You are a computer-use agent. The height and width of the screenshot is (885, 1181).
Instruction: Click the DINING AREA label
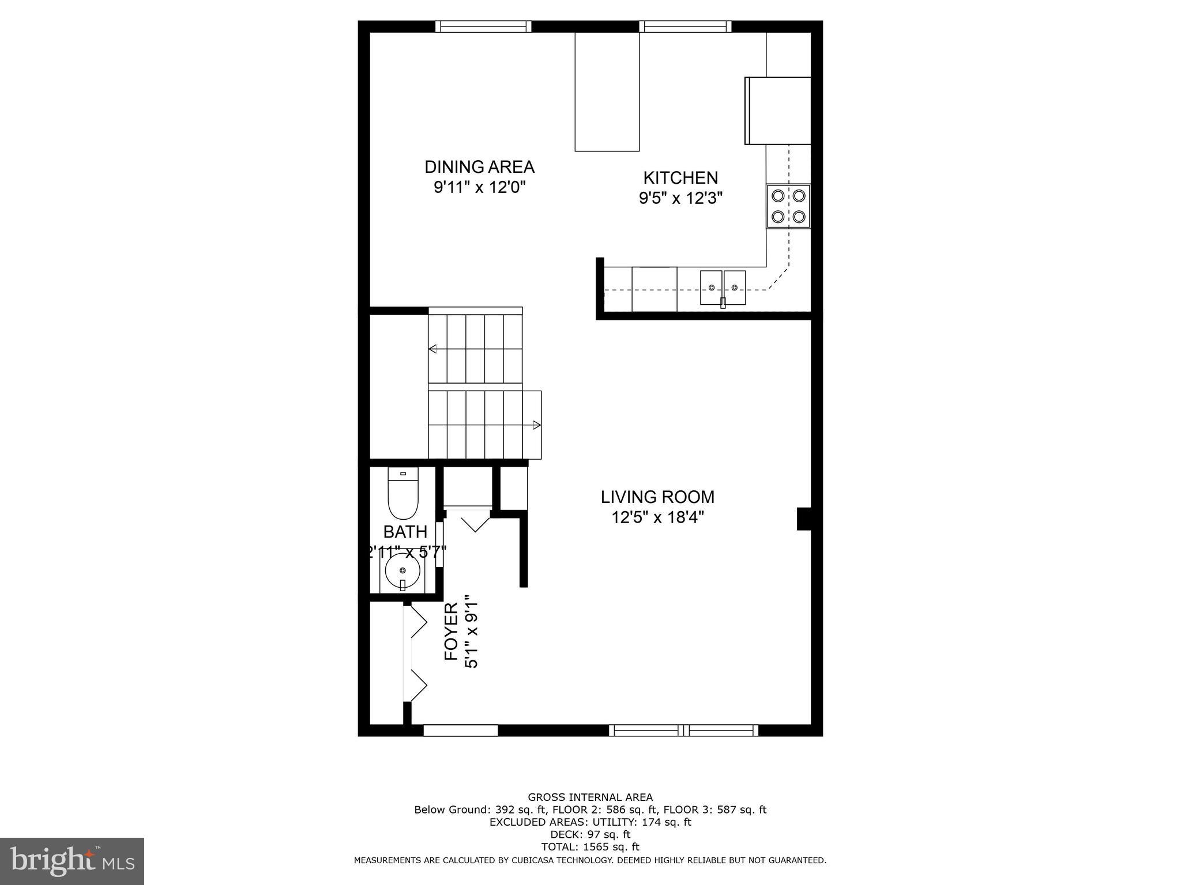coord(479,167)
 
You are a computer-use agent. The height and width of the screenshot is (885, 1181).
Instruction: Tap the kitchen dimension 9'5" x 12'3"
coord(680,198)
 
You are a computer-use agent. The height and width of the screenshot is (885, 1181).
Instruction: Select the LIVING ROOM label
coord(657,497)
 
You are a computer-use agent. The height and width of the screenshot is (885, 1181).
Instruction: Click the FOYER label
coord(451,631)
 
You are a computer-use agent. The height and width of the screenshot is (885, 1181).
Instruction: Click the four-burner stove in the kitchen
coord(788,206)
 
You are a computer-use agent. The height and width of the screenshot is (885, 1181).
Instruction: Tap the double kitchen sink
coord(723,288)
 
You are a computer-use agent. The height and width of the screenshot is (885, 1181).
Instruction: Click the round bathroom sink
coord(403,570)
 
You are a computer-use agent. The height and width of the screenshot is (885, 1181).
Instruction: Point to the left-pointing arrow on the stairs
coord(433,349)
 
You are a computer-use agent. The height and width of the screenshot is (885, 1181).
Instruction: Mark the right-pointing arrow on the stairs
coord(536,425)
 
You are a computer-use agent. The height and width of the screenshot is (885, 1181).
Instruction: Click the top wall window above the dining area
coord(483,27)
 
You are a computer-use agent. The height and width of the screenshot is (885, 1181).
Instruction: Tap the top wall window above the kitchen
coord(685,27)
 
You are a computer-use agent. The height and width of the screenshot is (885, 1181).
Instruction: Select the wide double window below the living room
coord(684,731)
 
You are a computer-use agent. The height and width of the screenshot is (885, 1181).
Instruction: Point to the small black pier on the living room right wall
coord(804,518)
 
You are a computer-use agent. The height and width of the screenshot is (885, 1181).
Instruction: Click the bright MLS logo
coord(72,861)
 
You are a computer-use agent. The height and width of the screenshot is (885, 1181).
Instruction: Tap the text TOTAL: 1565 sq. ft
coord(590,847)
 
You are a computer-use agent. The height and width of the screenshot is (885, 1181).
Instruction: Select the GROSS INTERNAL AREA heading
coord(590,797)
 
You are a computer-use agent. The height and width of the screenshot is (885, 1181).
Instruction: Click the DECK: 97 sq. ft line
coord(590,834)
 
